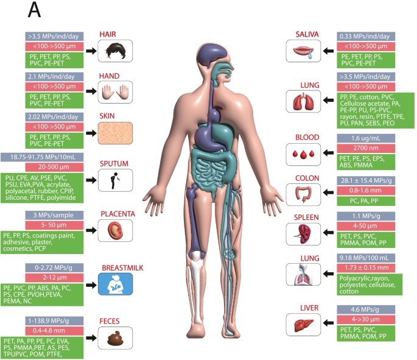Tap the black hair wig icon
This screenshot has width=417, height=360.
click(115, 50)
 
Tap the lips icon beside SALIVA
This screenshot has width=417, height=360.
click(303, 51)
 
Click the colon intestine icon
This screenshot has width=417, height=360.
click(303, 193)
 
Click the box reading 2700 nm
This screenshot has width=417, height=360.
click(362, 149)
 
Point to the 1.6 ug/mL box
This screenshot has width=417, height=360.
click(362, 138)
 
